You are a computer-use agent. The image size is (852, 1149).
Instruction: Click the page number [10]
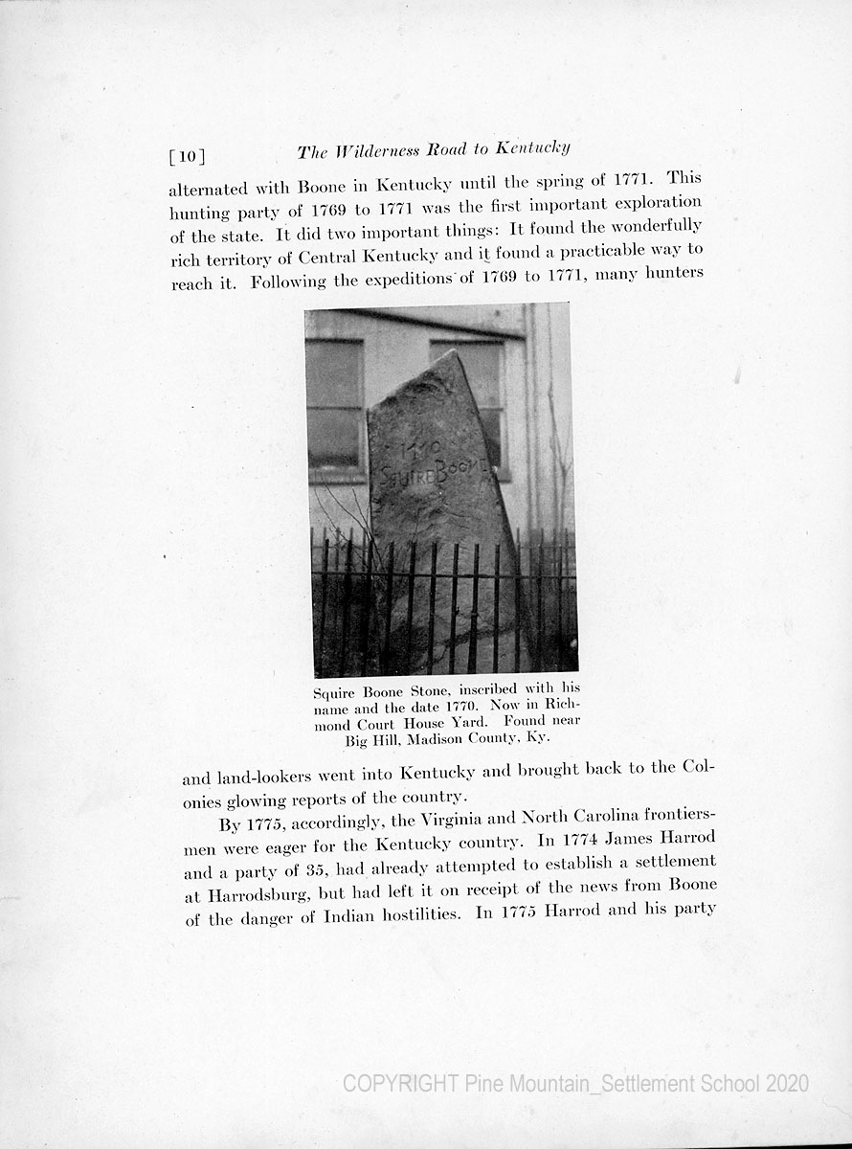coord(187,155)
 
